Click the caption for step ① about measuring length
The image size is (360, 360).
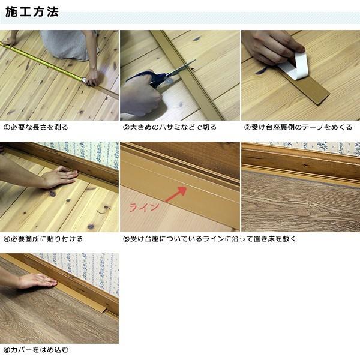pyautogui.click(x=36, y=127)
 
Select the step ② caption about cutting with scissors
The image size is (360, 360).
pyautogui.click(x=170, y=127)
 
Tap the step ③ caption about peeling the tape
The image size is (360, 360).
pyautogui.click(x=297, y=127)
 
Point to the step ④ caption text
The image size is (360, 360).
pyautogui.click(x=43, y=238)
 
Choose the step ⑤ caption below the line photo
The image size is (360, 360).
pyautogui.click(x=209, y=238)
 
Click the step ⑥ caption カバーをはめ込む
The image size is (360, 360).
pyautogui.click(x=36, y=349)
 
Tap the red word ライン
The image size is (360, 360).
pyautogui.click(x=145, y=207)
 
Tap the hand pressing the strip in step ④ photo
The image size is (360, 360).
pyautogui.click(x=57, y=178)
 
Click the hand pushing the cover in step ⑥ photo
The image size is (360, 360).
pyautogui.click(x=36, y=280)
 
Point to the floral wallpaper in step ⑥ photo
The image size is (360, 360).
pyautogui.click(x=90, y=267)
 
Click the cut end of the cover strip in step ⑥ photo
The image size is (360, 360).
pyautogui.click(x=107, y=310)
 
